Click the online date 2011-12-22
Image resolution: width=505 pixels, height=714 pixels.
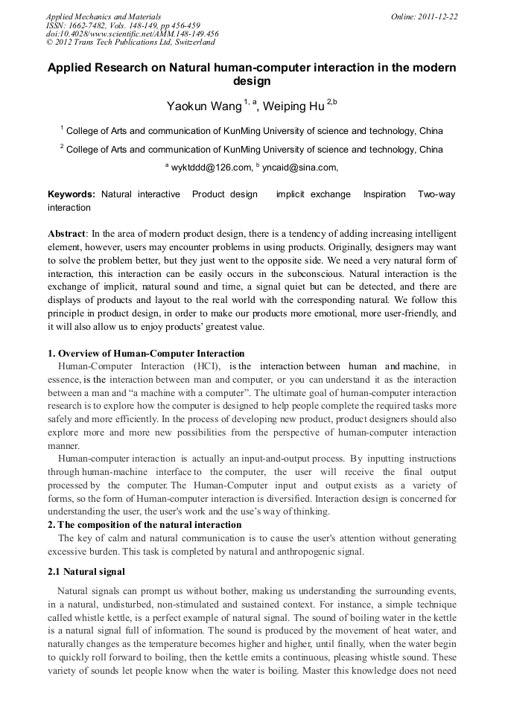tap(435, 16)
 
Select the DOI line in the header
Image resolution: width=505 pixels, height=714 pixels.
tap(132, 34)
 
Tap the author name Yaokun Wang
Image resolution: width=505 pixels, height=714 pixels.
tap(203, 106)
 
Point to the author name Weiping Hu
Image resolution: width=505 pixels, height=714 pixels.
tap(293, 106)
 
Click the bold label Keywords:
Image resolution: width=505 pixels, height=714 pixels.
tap(72, 194)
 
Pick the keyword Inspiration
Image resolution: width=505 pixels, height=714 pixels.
tap(384, 194)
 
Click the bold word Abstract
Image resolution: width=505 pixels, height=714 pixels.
tap(67, 234)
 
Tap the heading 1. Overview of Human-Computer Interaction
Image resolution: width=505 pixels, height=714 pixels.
tap(146, 354)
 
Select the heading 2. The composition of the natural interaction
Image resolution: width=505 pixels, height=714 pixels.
tap(144, 525)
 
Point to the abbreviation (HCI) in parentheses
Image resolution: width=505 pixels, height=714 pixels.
tap(206, 366)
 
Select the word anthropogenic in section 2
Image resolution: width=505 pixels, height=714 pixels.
tap(301, 552)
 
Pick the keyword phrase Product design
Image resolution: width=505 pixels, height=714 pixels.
tap(224, 194)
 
